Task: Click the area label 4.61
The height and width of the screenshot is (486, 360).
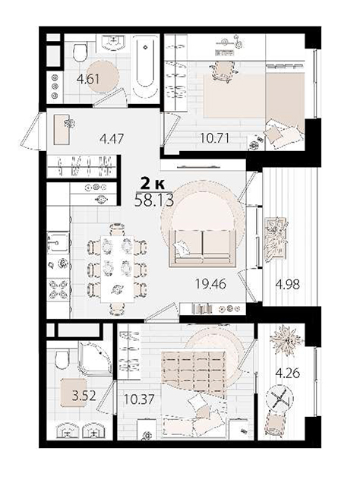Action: coord(88,79)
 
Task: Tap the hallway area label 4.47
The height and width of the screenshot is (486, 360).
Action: coord(112,138)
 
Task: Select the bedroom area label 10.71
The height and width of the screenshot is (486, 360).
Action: coord(215,138)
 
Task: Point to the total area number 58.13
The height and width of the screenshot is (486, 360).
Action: coord(154,200)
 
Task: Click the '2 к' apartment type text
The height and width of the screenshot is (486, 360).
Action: coord(152,184)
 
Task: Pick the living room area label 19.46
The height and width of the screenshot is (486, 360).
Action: coord(210,284)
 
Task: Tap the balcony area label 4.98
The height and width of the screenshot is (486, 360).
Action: coord(288,284)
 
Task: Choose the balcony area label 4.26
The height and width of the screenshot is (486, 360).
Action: coord(288,373)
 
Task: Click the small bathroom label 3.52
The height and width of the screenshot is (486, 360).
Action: coord(84,396)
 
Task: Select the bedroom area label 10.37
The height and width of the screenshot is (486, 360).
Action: coord(138,399)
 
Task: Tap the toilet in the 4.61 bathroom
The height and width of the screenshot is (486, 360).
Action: coord(80,52)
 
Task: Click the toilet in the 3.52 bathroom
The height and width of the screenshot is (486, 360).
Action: coord(62,359)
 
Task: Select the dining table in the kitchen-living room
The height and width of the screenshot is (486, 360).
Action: coord(117,269)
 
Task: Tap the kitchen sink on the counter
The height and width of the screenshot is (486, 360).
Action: coord(58,242)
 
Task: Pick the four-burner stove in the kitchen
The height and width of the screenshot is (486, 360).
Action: coord(58,289)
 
